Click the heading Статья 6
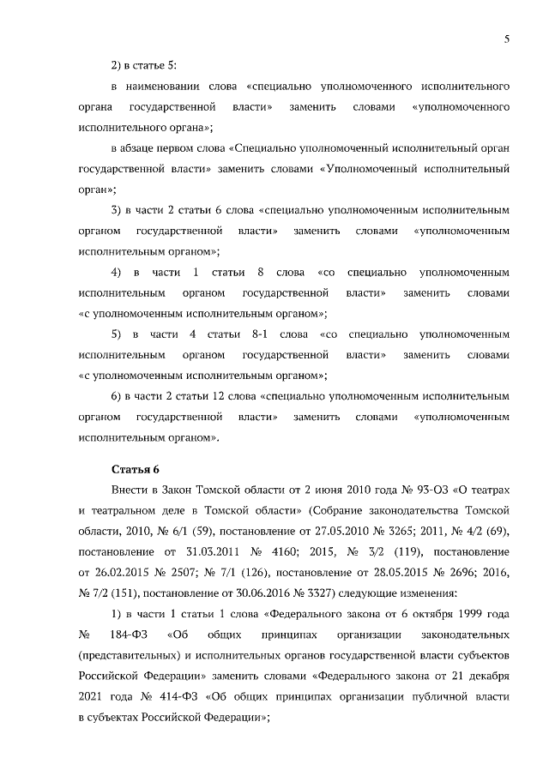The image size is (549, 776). pos(136,469)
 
